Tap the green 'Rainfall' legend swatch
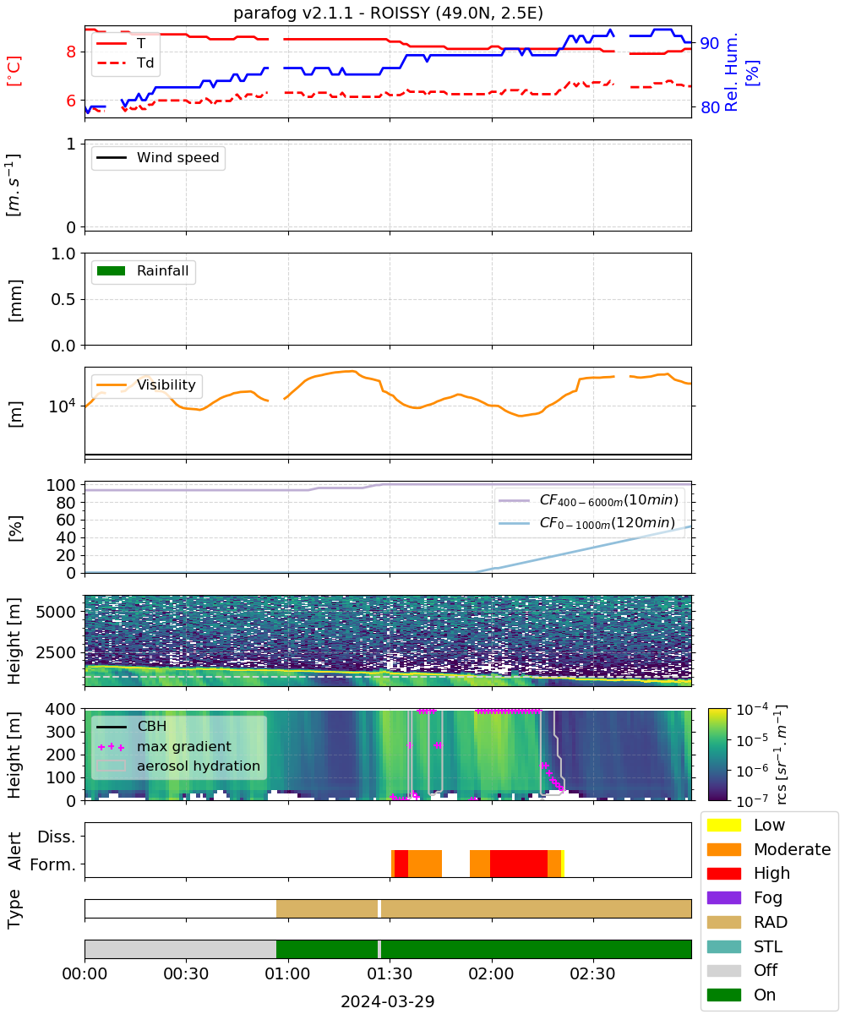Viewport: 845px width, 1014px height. click(112, 270)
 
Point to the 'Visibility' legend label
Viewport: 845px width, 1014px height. click(166, 384)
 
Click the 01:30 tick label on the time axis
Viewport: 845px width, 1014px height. click(390, 973)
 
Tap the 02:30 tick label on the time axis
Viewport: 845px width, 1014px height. click(593, 973)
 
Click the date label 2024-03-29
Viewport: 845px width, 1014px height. click(388, 1001)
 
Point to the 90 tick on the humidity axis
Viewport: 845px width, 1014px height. click(710, 43)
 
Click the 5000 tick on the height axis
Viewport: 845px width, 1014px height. click(56, 612)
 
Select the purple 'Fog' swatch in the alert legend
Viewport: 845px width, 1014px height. click(723, 897)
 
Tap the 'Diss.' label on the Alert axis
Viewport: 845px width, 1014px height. click(57, 837)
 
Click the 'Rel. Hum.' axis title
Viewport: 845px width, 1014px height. click(731, 72)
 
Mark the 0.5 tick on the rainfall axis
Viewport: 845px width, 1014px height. click(63, 300)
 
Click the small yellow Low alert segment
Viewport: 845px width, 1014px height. click(563, 864)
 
